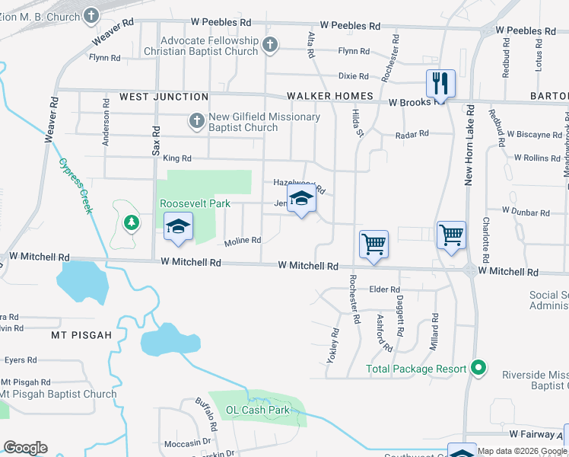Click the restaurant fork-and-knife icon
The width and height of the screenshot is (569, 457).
(440, 81)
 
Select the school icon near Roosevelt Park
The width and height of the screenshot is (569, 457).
(179, 227)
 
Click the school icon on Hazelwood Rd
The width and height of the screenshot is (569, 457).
(301, 200)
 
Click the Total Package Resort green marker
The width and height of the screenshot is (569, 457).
(478, 369)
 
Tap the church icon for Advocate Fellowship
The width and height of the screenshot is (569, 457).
(269, 46)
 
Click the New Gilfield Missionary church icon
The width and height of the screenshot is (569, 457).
(196, 121)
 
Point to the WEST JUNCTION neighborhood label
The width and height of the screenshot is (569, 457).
(164, 97)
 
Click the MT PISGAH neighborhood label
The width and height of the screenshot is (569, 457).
(81, 335)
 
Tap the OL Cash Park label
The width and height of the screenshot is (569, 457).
(258, 410)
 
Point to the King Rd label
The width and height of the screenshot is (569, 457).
(176, 158)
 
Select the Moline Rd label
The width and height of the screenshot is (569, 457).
(243, 241)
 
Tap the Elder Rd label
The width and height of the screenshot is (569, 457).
(384, 289)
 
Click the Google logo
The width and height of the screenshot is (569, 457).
(26, 448)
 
